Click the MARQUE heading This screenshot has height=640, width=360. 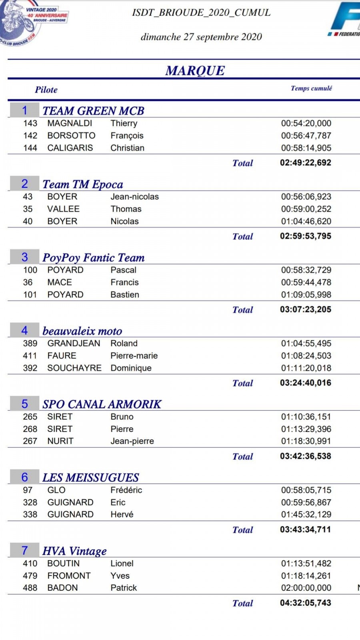(195, 70)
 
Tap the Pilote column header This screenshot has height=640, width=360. (46, 90)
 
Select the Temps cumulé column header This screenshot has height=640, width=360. (311, 88)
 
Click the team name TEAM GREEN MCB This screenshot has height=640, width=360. (93, 110)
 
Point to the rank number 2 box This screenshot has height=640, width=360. (25, 184)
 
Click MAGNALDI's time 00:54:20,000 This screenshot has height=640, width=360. (306, 123)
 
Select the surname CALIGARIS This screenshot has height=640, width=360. (70, 148)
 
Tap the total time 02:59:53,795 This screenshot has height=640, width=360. (306, 236)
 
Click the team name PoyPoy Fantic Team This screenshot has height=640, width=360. (94, 257)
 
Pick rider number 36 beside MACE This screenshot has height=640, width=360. (28, 282)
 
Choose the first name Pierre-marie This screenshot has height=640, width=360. (134, 356)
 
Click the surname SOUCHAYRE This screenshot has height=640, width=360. (74, 368)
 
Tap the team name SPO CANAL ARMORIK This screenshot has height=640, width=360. (102, 404)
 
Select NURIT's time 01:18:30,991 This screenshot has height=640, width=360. (306, 441)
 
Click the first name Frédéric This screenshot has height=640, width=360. (126, 490)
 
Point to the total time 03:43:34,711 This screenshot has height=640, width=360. (306, 529)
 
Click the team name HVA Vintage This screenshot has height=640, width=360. (74, 551)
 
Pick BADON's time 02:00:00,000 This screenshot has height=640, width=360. (306, 588)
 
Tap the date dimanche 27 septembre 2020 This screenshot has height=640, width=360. (201, 37)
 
